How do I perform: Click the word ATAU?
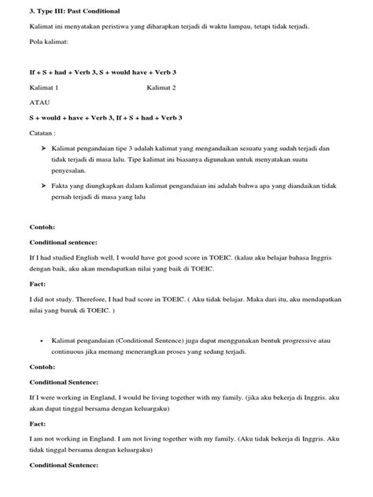(x=39, y=102)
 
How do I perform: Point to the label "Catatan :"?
(x=44, y=133)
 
